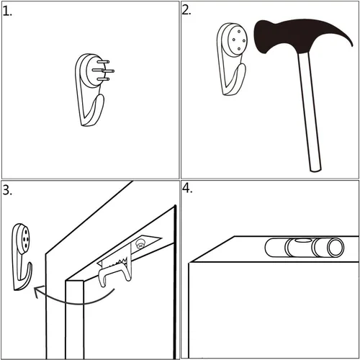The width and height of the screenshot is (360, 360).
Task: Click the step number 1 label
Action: [7, 12]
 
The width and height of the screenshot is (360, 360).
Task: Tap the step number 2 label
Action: [186, 10]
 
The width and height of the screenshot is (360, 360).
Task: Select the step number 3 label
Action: [7, 190]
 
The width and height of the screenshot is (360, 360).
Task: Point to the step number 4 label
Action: [187, 189]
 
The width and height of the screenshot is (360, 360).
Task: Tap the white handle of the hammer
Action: [309, 112]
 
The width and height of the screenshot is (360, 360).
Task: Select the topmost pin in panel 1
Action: [104, 62]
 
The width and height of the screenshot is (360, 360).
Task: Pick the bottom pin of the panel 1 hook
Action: [103, 79]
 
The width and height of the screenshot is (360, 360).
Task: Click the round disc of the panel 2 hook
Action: [236, 40]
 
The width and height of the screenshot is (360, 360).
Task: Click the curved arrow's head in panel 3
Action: [38, 291]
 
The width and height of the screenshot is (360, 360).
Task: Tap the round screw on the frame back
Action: [140, 244]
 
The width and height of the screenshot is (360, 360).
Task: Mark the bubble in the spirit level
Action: [302, 240]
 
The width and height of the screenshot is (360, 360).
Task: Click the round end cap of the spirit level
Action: [336, 248]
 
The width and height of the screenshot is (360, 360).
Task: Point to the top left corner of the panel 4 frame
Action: [189, 263]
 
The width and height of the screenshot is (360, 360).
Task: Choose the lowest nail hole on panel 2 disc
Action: [239, 49]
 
